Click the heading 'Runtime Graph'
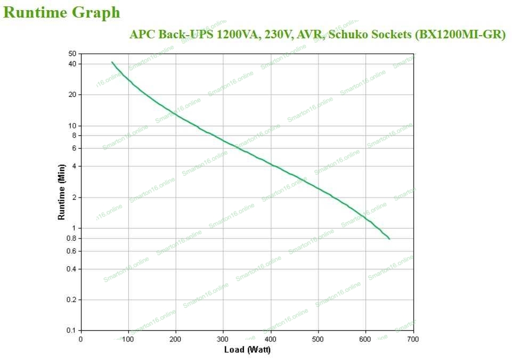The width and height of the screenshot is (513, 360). (x=62, y=13)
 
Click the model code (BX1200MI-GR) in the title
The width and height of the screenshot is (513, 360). (x=459, y=35)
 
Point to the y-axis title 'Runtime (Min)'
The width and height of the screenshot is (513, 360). (x=61, y=192)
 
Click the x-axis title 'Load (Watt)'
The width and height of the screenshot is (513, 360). (x=247, y=349)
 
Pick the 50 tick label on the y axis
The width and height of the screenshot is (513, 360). (x=72, y=54)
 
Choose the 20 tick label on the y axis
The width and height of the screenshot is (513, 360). (x=72, y=95)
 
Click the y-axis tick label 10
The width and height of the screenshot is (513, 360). (x=72, y=126)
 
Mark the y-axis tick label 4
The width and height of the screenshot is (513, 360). (x=74, y=166)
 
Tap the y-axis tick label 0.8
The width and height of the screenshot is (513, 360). (x=71, y=238)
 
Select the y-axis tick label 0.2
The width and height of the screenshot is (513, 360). (x=71, y=300)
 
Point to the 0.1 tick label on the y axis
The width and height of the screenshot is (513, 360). (x=71, y=330)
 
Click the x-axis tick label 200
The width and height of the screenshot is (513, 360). (x=175, y=339)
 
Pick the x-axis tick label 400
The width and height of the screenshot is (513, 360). (x=271, y=339)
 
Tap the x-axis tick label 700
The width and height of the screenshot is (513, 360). (x=413, y=339)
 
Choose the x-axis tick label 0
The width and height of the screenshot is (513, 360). (x=80, y=339)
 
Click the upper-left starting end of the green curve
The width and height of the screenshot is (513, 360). (x=112, y=62)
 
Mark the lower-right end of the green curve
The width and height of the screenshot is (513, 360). (x=389, y=239)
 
